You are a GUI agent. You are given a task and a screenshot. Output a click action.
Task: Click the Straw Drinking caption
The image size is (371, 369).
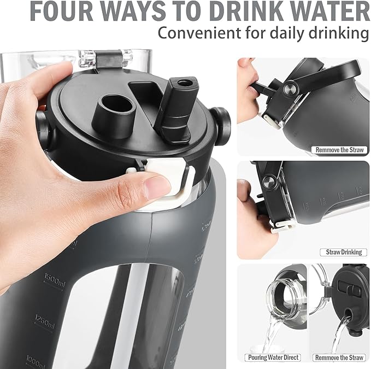coord(343,252)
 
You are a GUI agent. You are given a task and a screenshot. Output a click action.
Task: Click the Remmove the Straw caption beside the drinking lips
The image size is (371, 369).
coord(339,149)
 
